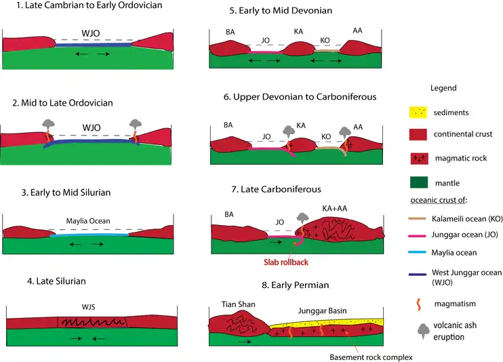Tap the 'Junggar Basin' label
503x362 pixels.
pyautogui.click(x=323, y=310)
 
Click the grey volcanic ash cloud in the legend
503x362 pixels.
pyautogui.click(x=422, y=329)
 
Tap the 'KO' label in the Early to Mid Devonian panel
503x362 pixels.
pyautogui.click(x=325, y=40)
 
